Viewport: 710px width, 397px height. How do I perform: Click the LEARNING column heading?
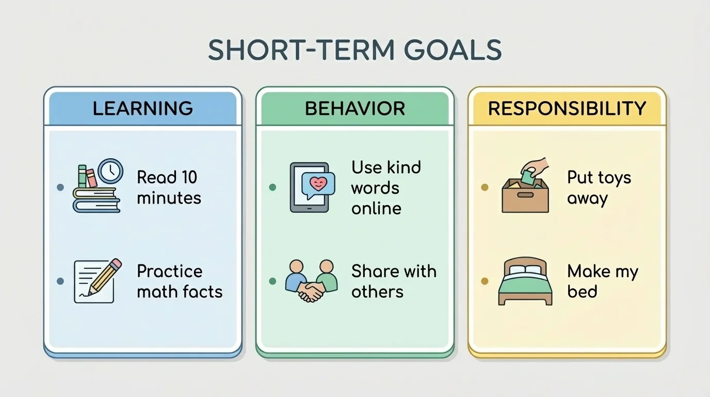pyautogui.click(x=142, y=109)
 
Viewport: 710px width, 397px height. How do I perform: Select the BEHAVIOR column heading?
pyautogui.click(x=354, y=109)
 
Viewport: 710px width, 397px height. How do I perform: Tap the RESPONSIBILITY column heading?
pyautogui.click(x=567, y=109)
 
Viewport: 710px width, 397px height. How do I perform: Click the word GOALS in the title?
pyautogui.click(x=453, y=50)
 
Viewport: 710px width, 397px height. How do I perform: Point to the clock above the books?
pyautogui.click(x=110, y=171)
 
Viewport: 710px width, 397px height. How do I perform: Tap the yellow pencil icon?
pyautogui.click(x=106, y=276)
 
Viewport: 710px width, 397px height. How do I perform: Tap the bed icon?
pyautogui.click(x=525, y=282)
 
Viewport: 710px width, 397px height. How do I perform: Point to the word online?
pyautogui.click(x=376, y=208)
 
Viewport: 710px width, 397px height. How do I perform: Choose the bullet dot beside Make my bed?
pyautogui.click(x=484, y=281)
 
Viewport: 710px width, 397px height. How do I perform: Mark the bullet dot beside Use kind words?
pyautogui.click(x=272, y=187)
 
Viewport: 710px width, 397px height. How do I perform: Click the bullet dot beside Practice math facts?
pyautogui.click(x=60, y=281)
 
